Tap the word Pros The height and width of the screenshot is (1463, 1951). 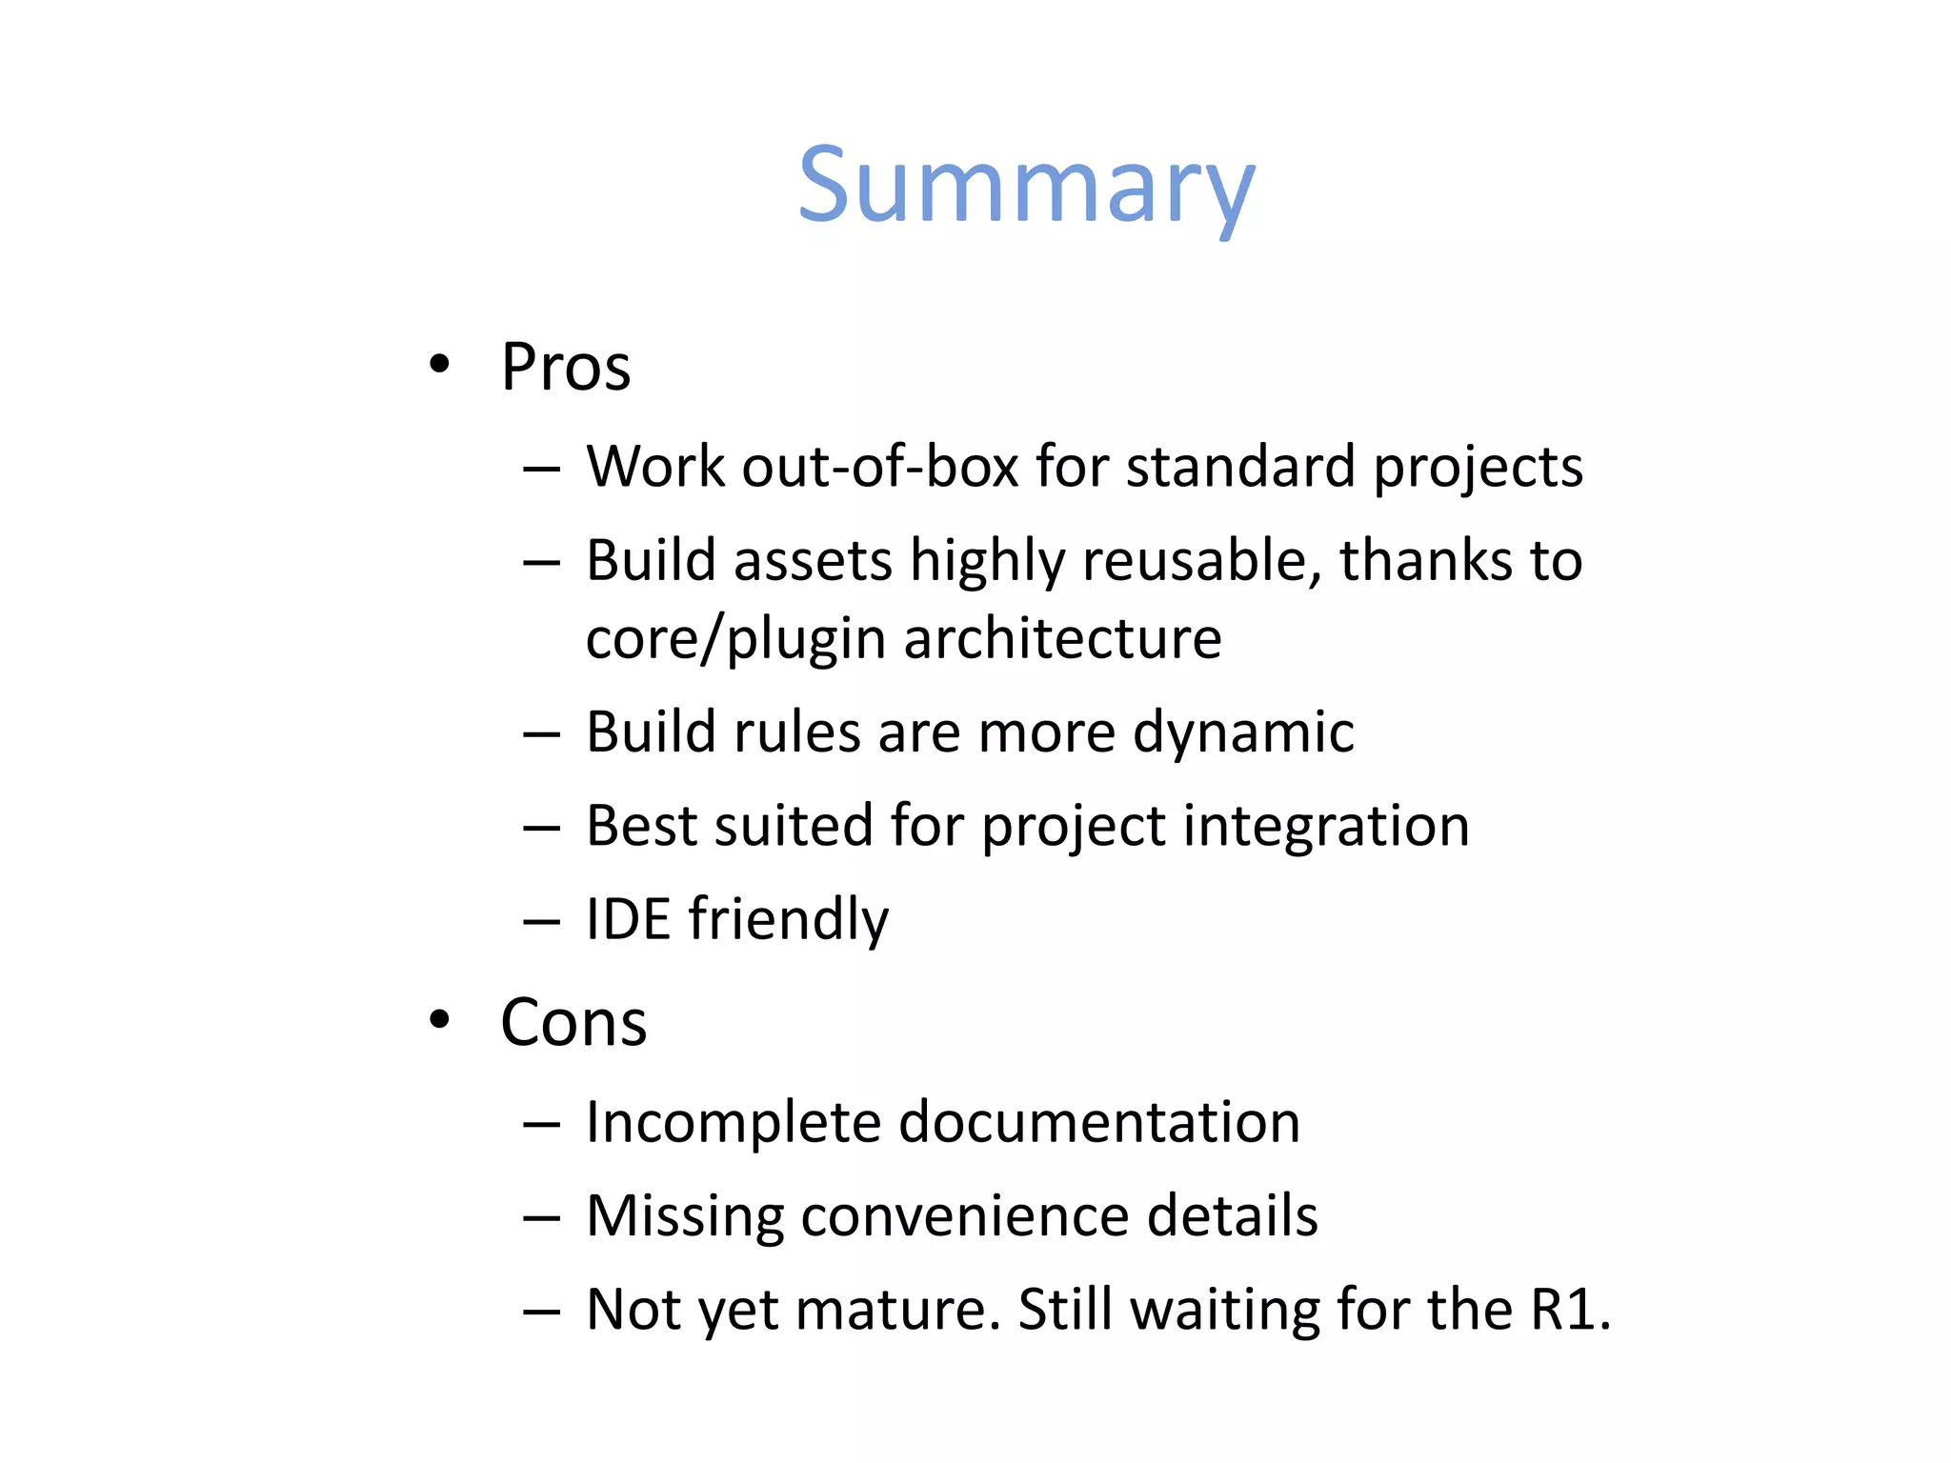[566, 368]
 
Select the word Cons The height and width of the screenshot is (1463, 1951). [573, 1023]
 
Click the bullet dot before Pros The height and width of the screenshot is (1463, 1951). [438, 364]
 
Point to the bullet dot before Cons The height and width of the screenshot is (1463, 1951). [438, 1020]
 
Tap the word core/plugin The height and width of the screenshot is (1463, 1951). [735, 640]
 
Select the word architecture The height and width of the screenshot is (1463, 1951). [1062, 638]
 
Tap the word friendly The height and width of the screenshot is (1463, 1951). [789, 921]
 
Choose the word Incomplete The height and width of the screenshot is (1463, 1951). [733, 1124]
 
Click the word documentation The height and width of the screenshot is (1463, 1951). [1099, 1122]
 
